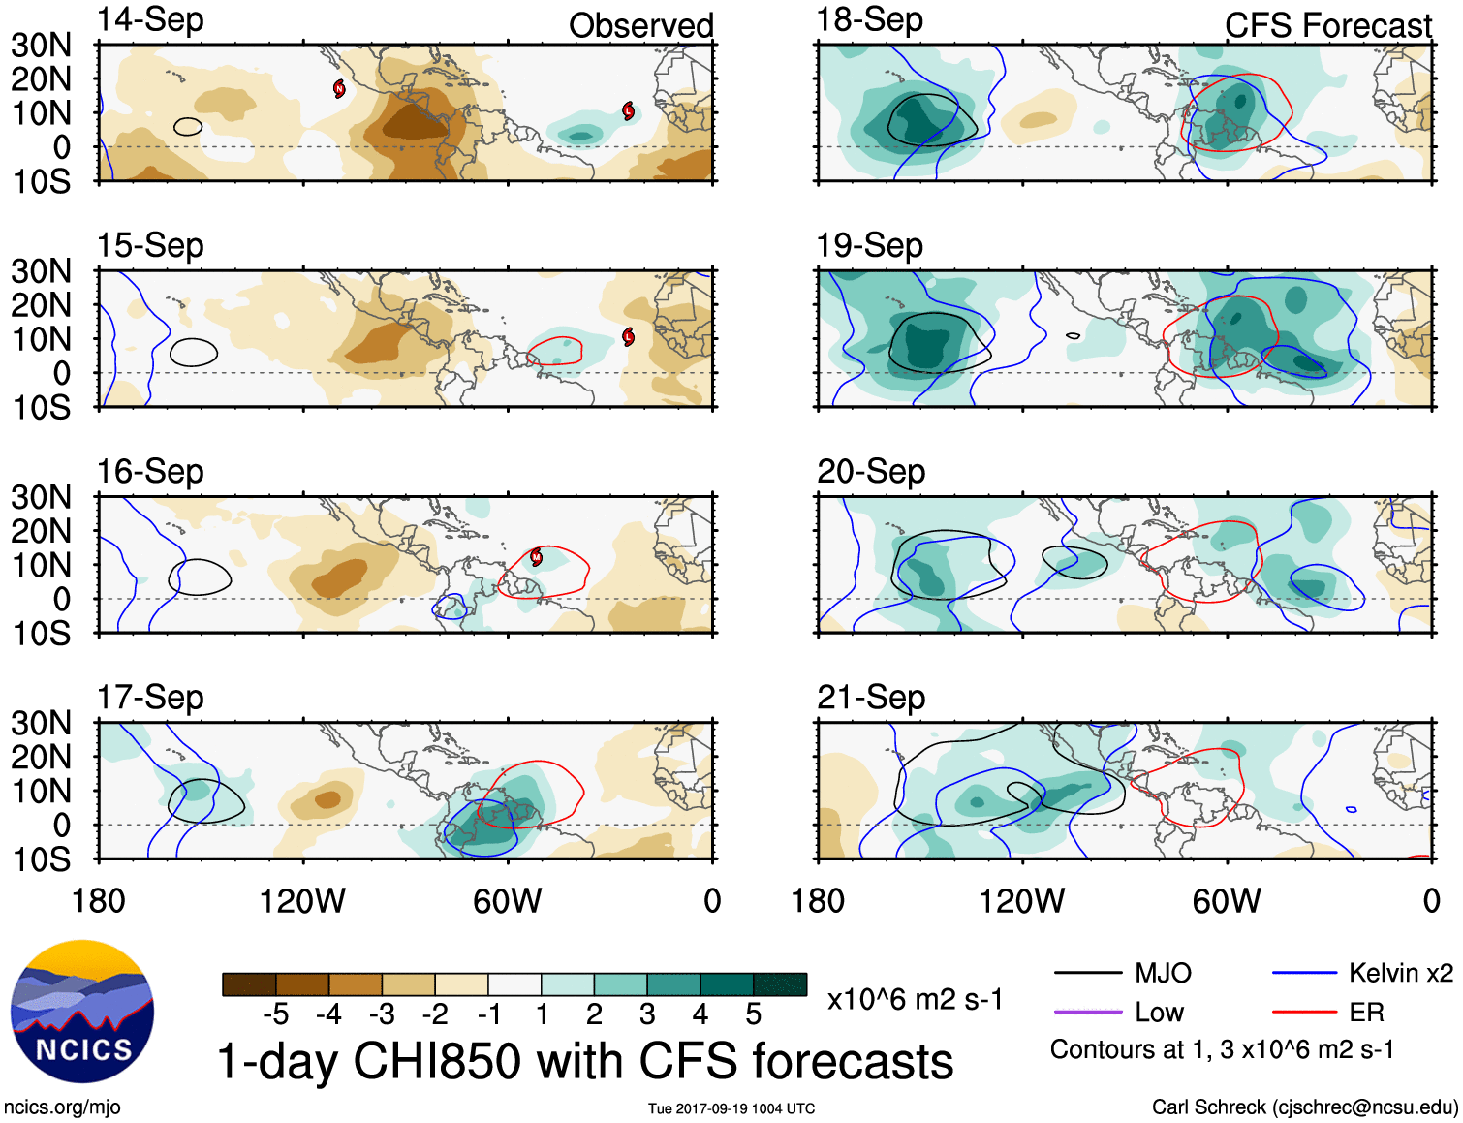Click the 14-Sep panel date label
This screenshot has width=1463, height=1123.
(x=150, y=20)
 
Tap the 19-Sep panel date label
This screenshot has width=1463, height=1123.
(x=869, y=246)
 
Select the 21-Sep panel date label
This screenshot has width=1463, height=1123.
(x=870, y=698)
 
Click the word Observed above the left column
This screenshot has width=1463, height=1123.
(x=640, y=26)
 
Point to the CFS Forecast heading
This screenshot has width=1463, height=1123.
(x=1327, y=26)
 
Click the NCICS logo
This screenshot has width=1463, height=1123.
(x=82, y=1012)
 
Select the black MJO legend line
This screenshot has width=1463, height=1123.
(x=1087, y=973)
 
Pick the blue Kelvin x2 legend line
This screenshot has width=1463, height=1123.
(x=1304, y=973)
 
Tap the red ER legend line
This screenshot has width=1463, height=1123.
(x=1304, y=1013)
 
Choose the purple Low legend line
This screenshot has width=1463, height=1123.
(x=1087, y=1013)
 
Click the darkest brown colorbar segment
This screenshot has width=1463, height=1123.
(x=249, y=984)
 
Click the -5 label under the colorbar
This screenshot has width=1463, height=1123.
(x=275, y=1014)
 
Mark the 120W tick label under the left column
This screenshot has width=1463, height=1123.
(x=302, y=901)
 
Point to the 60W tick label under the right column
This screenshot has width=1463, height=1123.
(x=1227, y=901)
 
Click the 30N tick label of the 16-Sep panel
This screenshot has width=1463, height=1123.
(x=41, y=498)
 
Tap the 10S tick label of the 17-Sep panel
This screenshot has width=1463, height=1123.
(x=41, y=859)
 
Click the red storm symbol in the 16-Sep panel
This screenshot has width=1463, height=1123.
(x=536, y=557)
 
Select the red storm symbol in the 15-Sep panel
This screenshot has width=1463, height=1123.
(x=628, y=337)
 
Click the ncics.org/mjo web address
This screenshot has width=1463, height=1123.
(x=62, y=1107)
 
